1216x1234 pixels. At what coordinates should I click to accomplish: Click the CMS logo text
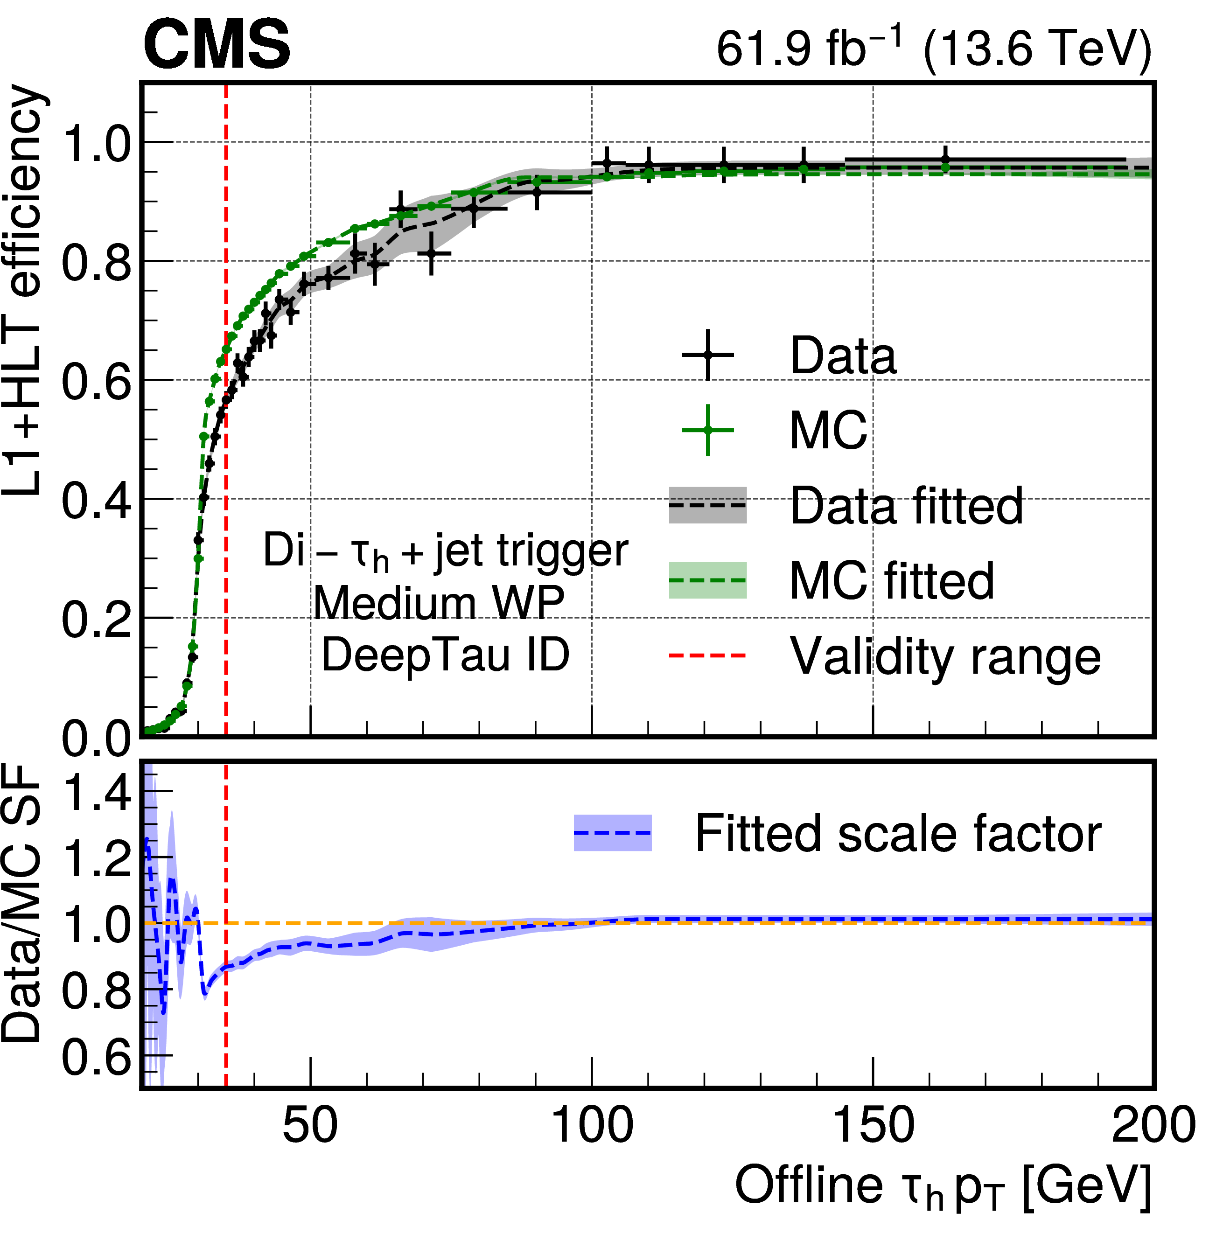click(217, 45)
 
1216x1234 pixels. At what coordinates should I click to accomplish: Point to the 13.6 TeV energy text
click(1037, 49)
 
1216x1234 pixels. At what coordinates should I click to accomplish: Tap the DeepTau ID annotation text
click(445, 655)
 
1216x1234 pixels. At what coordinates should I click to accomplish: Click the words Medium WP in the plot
click(439, 603)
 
